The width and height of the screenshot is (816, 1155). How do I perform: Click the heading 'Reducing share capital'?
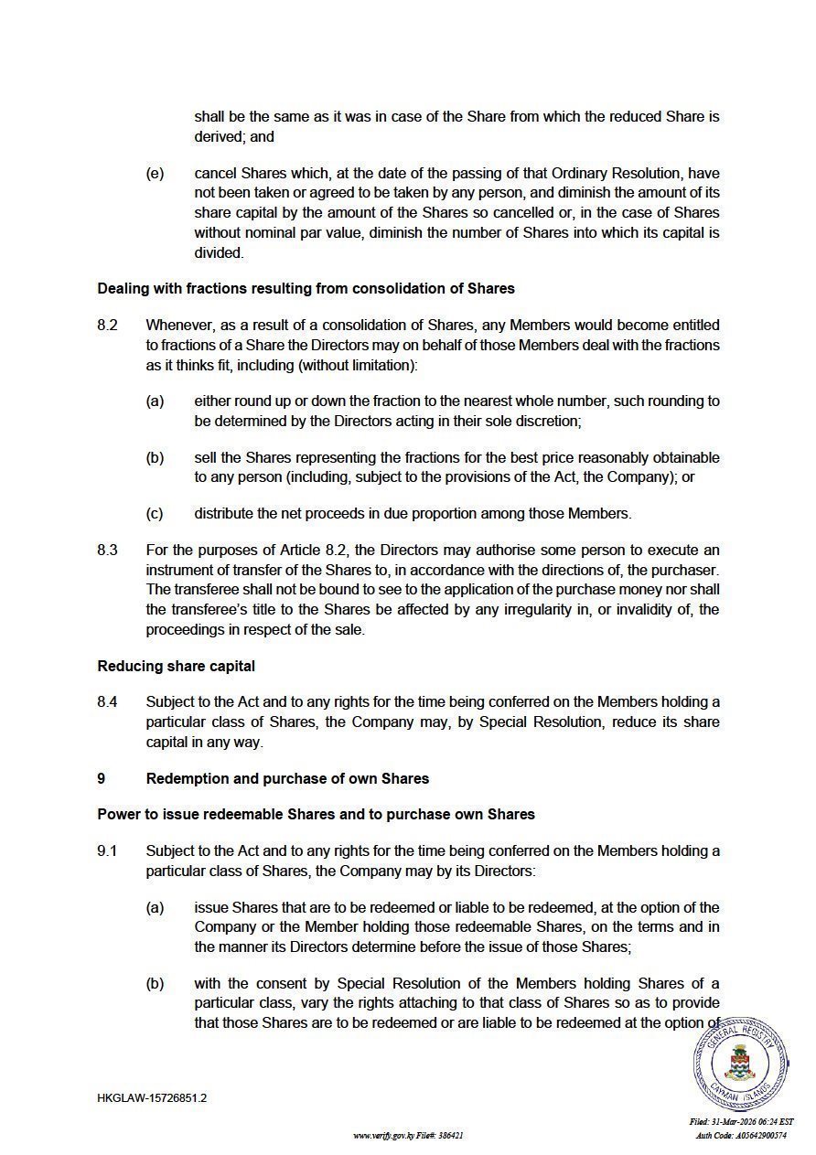pos(176,666)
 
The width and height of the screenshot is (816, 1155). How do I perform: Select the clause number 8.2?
pos(107,325)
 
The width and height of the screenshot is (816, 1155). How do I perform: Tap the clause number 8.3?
pos(107,550)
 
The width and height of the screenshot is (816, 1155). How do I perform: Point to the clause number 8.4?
pos(107,701)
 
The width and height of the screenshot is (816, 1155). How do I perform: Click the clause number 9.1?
pos(107,850)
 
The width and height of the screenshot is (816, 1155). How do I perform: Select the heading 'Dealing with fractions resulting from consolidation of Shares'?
pos(306,288)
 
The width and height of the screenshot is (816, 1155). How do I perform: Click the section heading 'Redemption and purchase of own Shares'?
pos(287,778)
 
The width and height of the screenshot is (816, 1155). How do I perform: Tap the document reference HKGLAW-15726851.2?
pos(152,1097)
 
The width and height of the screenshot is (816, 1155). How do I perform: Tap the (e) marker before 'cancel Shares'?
pos(155,173)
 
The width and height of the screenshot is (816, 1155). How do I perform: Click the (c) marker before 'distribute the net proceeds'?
pos(155,513)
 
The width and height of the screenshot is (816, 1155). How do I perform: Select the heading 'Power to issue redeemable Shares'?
pos(316,814)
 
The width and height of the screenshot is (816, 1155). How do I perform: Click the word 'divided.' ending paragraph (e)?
pos(219,252)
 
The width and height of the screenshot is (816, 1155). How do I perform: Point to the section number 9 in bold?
pos(102,778)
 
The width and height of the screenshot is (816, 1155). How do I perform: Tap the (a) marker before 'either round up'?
pos(155,401)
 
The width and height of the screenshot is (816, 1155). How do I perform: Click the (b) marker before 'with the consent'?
pos(155,983)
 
